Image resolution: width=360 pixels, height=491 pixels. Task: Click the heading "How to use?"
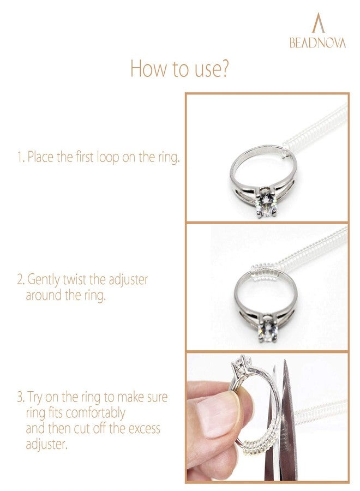coord(179,69)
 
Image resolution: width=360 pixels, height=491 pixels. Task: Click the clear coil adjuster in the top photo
coord(316,131)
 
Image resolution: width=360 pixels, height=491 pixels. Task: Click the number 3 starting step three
coord(19,397)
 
